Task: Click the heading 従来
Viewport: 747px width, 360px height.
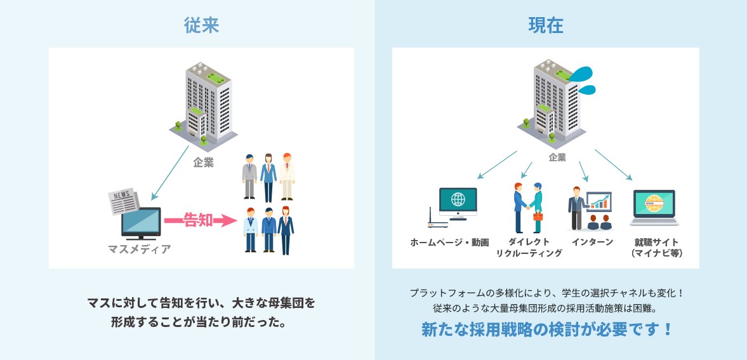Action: [202, 25]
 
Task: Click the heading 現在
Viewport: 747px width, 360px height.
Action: [545, 25]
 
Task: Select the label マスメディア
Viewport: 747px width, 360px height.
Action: [140, 249]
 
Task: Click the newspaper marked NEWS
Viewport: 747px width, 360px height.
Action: [124, 200]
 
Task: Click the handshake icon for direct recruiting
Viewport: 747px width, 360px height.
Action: [528, 206]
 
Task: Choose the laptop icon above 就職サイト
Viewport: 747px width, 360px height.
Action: [654, 208]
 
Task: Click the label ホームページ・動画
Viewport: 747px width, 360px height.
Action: [449, 242]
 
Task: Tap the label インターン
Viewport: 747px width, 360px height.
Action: [592, 242]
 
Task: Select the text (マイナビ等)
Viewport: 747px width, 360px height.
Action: [657, 253]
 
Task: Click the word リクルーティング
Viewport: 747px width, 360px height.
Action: [529, 253]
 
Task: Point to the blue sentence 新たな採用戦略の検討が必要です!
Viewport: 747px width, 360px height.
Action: [546, 330]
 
